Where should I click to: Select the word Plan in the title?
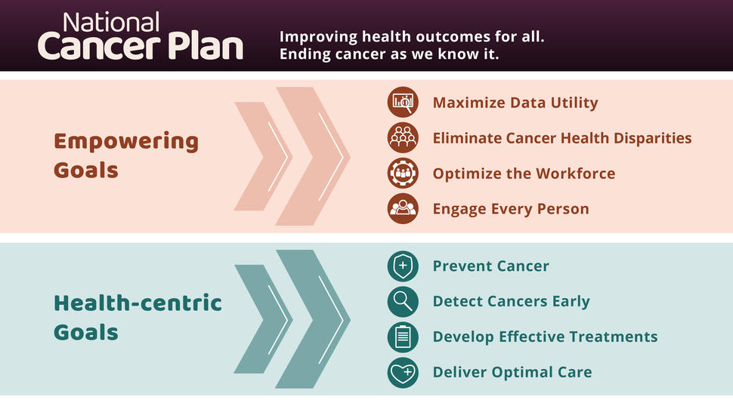[x=203, y=47]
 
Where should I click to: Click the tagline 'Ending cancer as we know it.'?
[x=389, y=55]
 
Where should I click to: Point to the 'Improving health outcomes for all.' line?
[x=412, y=36]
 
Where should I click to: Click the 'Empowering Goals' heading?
[x=126, y=155]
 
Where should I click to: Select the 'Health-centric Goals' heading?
[x=138, y=318]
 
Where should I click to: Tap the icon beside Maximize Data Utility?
[x=403, y=103]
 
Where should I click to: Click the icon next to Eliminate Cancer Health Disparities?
[x=403, y=138]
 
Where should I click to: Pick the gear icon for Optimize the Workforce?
[x=403, y=174]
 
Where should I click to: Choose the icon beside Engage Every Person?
[x=403, y=209]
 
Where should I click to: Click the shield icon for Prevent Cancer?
[x=403, y=266]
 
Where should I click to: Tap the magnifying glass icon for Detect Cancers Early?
[x=403, y=301]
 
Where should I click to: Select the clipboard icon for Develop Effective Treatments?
[x=403, y=337]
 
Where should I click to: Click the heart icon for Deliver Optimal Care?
[x=403, y=372]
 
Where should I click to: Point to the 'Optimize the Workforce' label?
[x=524, y=174]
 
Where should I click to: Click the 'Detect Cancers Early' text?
[x=511, y=301]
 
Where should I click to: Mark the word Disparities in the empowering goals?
[x=651, y=138]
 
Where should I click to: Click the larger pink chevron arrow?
[x=312, y=156]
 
